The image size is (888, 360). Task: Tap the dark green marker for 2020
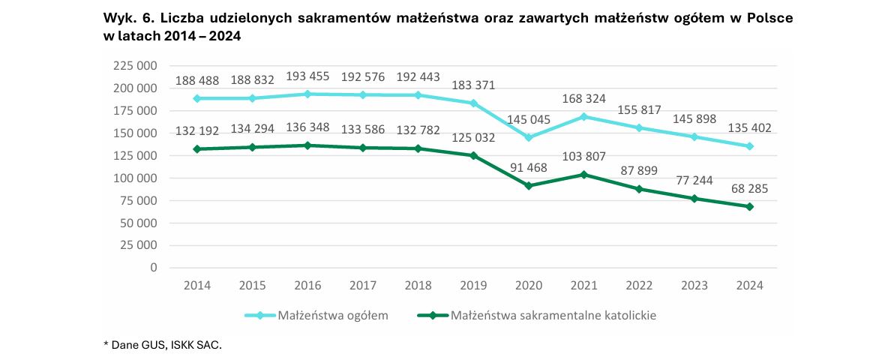click(528, 185)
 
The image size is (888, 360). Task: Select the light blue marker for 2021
click(583, 116)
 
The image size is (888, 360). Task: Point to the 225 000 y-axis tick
click(134, 66)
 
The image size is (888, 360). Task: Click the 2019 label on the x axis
click(472, 286)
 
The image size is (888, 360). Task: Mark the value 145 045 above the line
click(528, 119)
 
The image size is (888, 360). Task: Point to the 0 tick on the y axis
click(153, 268)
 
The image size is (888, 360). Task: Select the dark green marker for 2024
click(750, 206)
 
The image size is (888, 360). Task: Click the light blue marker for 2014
click(196, 98)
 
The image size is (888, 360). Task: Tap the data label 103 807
click(583, 156)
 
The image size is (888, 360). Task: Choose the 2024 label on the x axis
click(750, 286)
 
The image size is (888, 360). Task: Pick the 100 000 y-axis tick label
click(134, 178)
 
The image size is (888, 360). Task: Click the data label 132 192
click(196, 130)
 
